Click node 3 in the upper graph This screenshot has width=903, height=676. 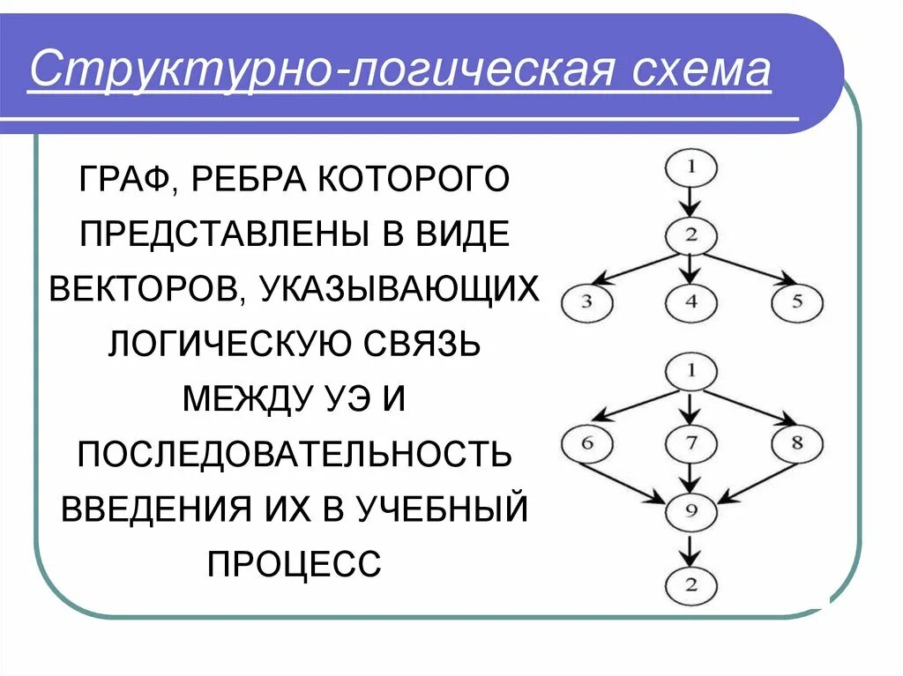(x=586, y=303)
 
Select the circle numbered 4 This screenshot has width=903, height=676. (x=691, y=303)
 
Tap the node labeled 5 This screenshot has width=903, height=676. (x=797, y=303)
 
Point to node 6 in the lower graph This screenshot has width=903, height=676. (x=586, y=442)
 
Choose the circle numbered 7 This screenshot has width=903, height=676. (x=691, y=442)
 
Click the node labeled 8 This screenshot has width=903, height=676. (x=797, y=442)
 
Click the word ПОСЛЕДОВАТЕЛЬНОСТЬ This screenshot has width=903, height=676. (x=294, y=454)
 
